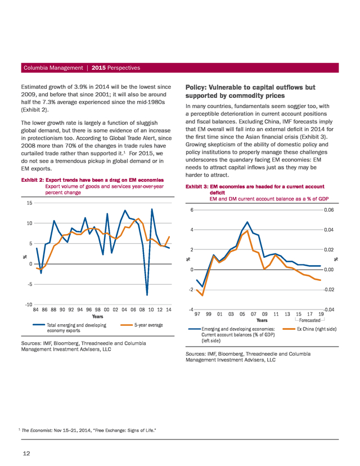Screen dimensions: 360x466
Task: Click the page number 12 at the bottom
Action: coord(26,453)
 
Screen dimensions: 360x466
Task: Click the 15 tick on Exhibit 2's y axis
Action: coord(29,203)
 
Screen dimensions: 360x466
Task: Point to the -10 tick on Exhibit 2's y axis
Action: coord(29,304)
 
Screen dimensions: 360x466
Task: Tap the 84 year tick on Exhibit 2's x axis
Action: coord(35,310)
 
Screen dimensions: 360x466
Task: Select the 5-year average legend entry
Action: coord(142,325)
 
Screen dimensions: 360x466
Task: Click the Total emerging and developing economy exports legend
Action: coord(70,328)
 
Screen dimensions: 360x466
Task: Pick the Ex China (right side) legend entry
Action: coord(310,329)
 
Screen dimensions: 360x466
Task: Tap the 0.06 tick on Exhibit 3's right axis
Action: coord(329,210)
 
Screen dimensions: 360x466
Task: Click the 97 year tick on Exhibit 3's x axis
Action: coord(197,314)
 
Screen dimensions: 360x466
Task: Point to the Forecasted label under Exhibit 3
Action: coord(310,320)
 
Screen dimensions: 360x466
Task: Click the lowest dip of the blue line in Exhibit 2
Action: coord(147,295)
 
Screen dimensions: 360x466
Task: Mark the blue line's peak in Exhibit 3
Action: coord(247,222)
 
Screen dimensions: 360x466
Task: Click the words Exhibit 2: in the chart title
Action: coord(33,180)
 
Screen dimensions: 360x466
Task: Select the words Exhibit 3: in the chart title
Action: coord(197,187)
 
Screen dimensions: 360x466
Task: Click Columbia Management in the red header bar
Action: coord(53,68)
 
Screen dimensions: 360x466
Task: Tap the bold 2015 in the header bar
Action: coord(98,68)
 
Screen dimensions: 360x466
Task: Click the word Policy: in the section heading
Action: coord(196,87)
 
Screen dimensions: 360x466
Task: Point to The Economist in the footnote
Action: coord(37,431)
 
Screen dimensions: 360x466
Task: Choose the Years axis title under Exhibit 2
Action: coord(98,316)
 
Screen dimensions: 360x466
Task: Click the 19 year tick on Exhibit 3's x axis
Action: coord(321,314)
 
